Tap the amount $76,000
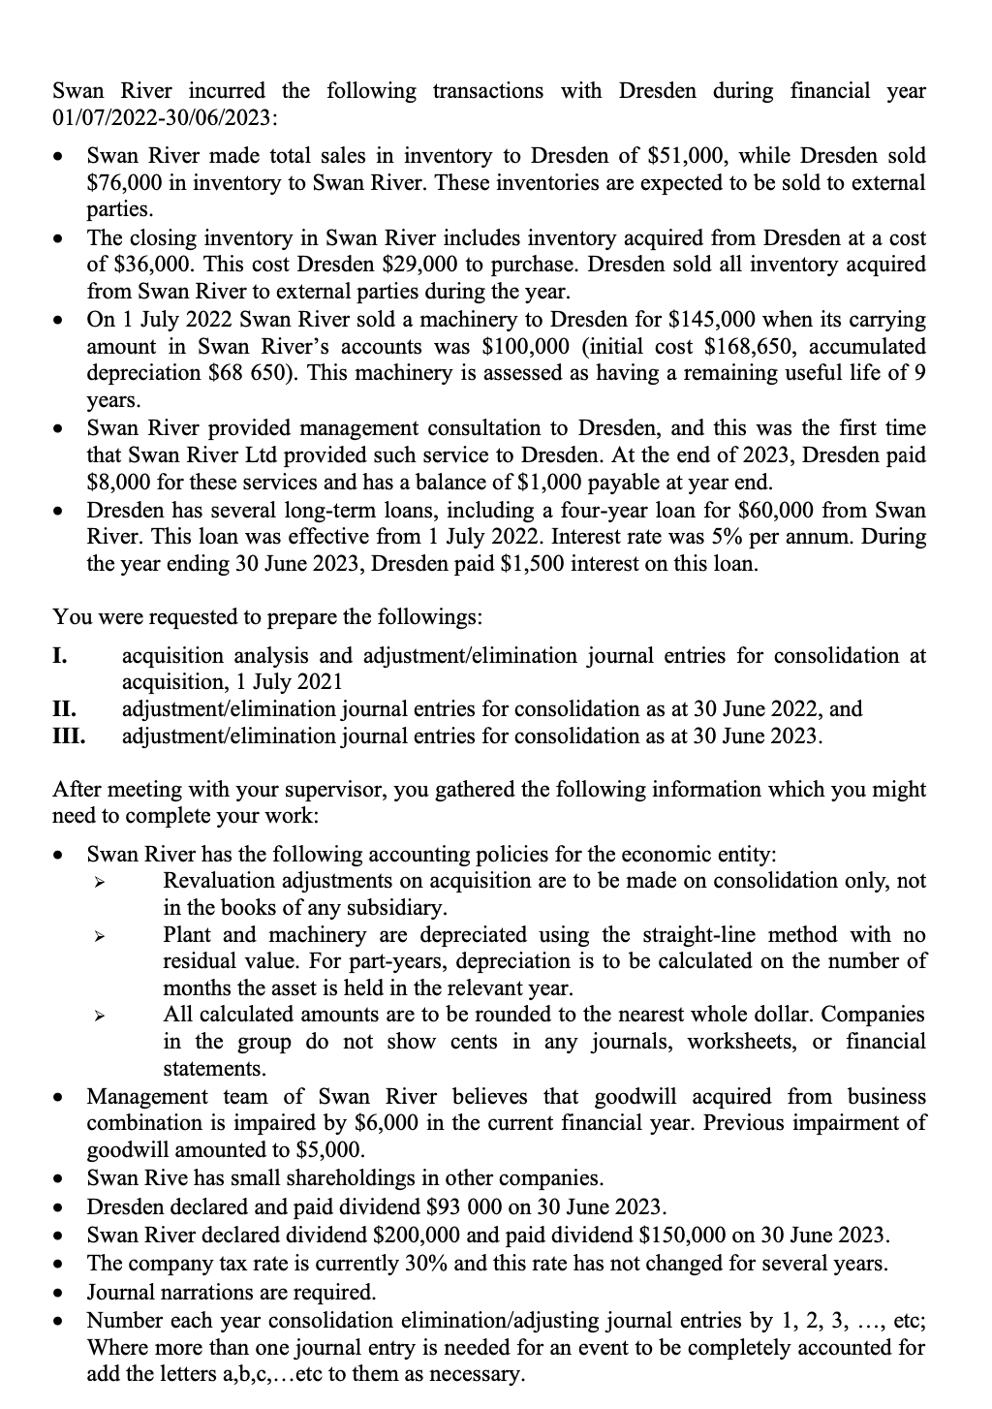[128, 182]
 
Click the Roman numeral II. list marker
[64, 708]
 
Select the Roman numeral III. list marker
[68, 736]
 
